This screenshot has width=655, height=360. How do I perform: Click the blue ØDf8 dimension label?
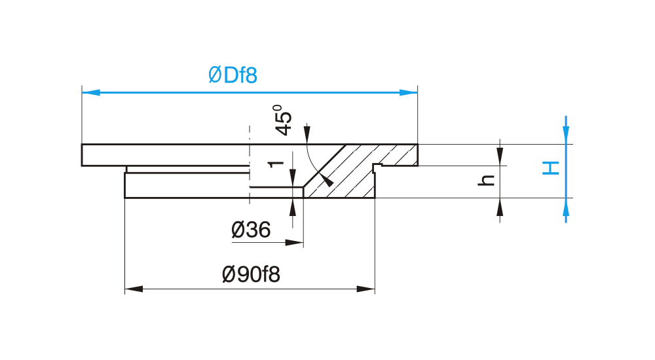pyautogui.click(x=233, y=75)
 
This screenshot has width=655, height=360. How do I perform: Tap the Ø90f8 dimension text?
pyautogui.click(x=251, y=274)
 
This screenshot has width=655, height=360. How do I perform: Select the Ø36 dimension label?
pyautogui.click(x=251, y=230)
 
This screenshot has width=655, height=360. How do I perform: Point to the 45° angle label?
pyautogui.click(x=284, y=120)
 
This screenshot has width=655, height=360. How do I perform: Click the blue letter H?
pyautogui.click(x=551, y=168)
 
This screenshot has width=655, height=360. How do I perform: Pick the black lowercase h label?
pyautogui.click(x=486, y=180)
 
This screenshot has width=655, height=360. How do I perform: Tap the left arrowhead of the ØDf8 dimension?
pyautogui.click(x=91, y=92)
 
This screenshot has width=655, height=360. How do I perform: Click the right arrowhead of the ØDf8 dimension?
pyautogui.click(x=409, y=92)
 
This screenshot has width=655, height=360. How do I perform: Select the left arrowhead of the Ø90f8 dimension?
pyautogui.click(x=134, y=289)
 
